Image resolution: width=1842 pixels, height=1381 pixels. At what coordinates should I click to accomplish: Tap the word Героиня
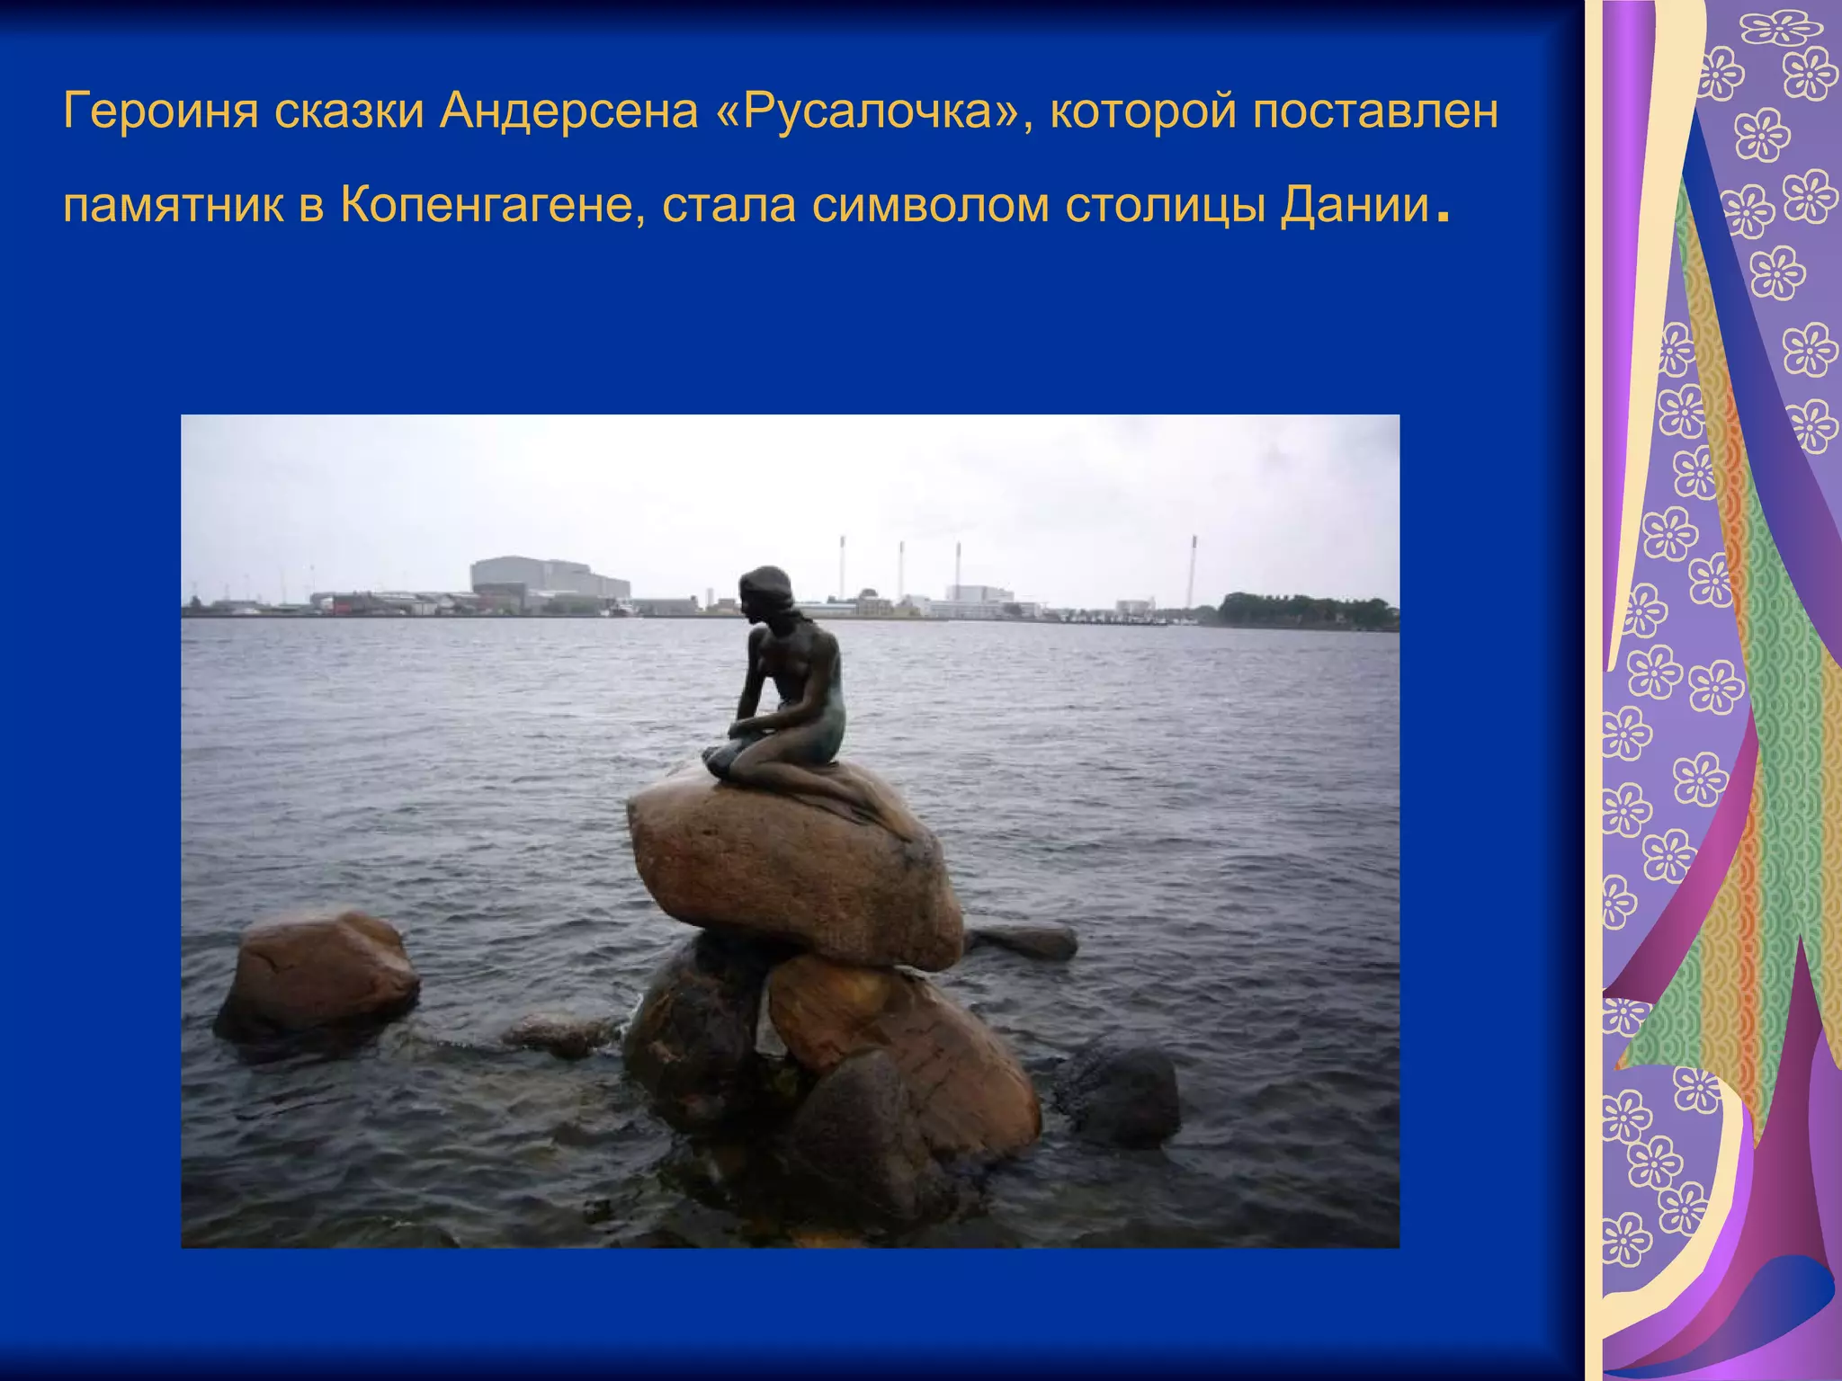[161, 111]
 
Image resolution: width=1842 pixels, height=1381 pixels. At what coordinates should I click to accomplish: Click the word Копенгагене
[492, 205]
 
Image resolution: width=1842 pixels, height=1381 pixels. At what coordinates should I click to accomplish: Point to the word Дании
[1355, 205]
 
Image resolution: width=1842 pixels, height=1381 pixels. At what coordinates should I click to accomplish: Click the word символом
[930, 205]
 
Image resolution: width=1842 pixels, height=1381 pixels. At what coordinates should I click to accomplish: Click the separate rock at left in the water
[317, 976]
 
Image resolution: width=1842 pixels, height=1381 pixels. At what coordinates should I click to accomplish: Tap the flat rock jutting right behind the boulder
[1025, 941]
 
